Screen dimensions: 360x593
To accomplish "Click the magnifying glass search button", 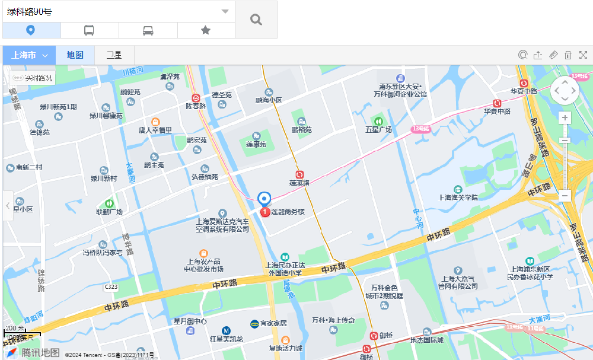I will pyautogui.click(x=256, y=20).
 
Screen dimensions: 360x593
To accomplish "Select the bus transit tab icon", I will pyautogui.click(x=89, y=30).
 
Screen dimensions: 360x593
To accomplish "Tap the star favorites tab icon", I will pyautogui.click(x=206, y=30).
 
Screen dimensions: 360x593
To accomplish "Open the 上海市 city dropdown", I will pyautogui.click(x=29, y=55).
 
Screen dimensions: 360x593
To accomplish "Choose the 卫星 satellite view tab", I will pyautogui.click(x=114, y=55).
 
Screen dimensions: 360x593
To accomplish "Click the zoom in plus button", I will pyautogui.click(x=565, y=117).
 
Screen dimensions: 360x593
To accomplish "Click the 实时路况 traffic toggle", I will pyautogui.click(x=33, y=78).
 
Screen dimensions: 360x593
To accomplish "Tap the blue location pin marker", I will pyautogui.click(x=264, y=199).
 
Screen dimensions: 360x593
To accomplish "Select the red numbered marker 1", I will pyautogui.click(x=265, y=212).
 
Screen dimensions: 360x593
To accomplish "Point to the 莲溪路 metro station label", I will pyautogui.click(x=299, y=183).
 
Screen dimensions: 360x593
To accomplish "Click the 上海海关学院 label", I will pyautogui.click(x=458, y=197).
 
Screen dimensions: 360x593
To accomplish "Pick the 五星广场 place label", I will pyautogui.click(x=378, y=129).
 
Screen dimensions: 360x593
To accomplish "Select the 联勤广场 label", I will pyautogui.click(x=109, y=212).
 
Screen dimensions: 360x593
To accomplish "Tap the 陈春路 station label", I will pyautogui.click(x=195, y=106).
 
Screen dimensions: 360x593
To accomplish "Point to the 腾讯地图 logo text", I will pyautogui.click(x=41, y=352).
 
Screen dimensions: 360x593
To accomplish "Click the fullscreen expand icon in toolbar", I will pyautogui.click(x=583, y=55).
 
